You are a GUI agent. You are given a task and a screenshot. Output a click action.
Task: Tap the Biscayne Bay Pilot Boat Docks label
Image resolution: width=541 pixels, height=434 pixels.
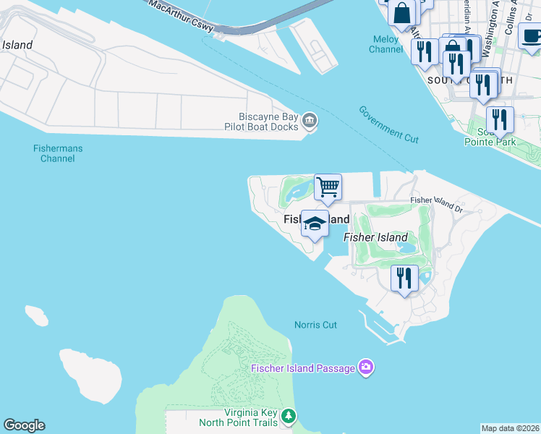[268, 122]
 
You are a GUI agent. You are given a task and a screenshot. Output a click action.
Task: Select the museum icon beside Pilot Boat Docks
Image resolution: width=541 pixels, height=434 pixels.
[310, 121]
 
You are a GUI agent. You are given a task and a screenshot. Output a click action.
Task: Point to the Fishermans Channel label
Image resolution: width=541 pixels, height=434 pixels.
[58, 153]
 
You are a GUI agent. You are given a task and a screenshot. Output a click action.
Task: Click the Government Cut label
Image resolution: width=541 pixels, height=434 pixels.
[388, 124]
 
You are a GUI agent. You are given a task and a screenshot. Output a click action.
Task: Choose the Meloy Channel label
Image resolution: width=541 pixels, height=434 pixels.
[385, 44]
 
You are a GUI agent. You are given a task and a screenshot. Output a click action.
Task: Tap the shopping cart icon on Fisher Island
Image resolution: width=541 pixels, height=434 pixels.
[328, 187]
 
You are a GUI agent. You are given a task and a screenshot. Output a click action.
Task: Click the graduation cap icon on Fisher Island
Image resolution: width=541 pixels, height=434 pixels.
[315, 224]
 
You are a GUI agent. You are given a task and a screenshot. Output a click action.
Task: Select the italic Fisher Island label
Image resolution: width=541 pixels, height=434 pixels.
[375, 237]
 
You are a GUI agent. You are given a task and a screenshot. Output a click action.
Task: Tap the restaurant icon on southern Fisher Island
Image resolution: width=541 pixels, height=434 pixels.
[404, 278]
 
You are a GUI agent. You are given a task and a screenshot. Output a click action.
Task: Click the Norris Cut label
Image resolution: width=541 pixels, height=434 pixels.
[316, 325]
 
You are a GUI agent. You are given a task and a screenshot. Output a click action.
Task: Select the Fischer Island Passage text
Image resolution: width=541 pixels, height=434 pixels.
[303, 368]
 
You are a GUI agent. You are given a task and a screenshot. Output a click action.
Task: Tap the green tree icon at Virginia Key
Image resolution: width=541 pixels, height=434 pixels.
[289, 416]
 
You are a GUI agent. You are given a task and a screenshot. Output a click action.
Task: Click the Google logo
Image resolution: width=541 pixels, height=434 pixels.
[24, 425]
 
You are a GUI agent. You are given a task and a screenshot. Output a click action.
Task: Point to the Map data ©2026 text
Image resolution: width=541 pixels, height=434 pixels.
[510, 428]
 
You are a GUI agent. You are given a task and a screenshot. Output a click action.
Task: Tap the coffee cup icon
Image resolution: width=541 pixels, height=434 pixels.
[532, 36]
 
